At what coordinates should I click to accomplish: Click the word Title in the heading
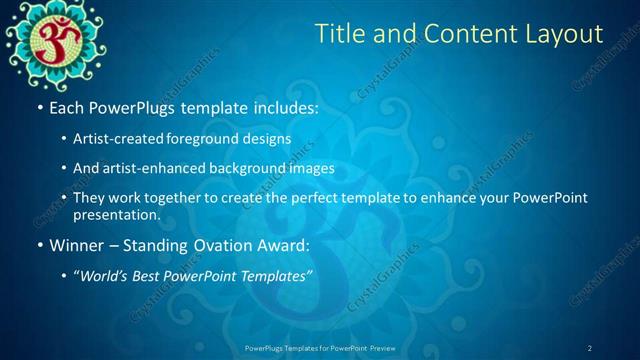(340, 34)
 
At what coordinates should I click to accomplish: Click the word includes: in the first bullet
(283, 105)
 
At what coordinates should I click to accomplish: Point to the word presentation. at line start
(116, 214)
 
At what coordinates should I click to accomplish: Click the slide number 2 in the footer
(590, 348)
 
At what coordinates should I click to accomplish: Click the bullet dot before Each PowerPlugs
(39, 106)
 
